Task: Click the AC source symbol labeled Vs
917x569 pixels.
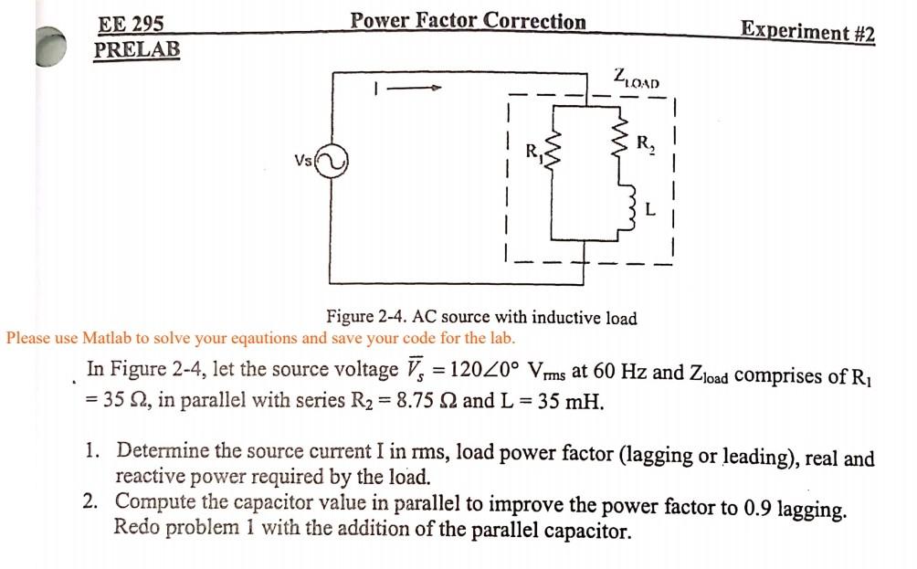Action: pyautogui.click(x=331, y=163)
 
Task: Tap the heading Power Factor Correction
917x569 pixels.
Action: pyautogui.click(x=469, y=21)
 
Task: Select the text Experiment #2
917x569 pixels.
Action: pyautogui.click(x=807, y=31)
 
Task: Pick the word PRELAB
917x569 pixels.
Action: pyautogui.click(x=137, y=49)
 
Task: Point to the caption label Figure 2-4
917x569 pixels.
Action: pyautogui.click(x=366, y=318)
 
